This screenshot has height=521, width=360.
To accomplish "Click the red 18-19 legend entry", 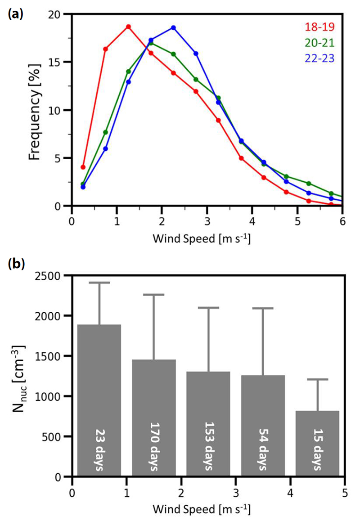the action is pyautogui.click(x=319, y=27).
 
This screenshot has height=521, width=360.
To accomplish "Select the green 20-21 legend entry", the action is pyautogui.click(x=319, y=43).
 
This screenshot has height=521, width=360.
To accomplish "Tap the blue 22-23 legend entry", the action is pyautogui.click(x=319, y=58).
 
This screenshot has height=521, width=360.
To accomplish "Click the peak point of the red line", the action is pyautogui.click(x=128, y=27).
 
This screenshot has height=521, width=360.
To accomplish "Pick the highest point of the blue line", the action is pyautogui.click(x=174, y=27).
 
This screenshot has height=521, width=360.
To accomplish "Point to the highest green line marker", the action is pyautogui.click(x=151, y=43).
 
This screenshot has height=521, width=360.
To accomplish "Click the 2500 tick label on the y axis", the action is pyautogui.click(x=50, y=276).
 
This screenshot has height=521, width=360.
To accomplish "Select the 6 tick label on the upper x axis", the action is pyautogui.click(x=342, y=221).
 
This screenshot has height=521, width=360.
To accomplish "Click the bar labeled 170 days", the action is pyautogui.click(x=154, y=418).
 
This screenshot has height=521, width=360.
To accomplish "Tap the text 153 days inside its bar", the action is pyautogui.click(x=208, y=446).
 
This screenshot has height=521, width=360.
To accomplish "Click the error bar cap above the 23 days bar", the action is pyautogui.click(x=99, y=283).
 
